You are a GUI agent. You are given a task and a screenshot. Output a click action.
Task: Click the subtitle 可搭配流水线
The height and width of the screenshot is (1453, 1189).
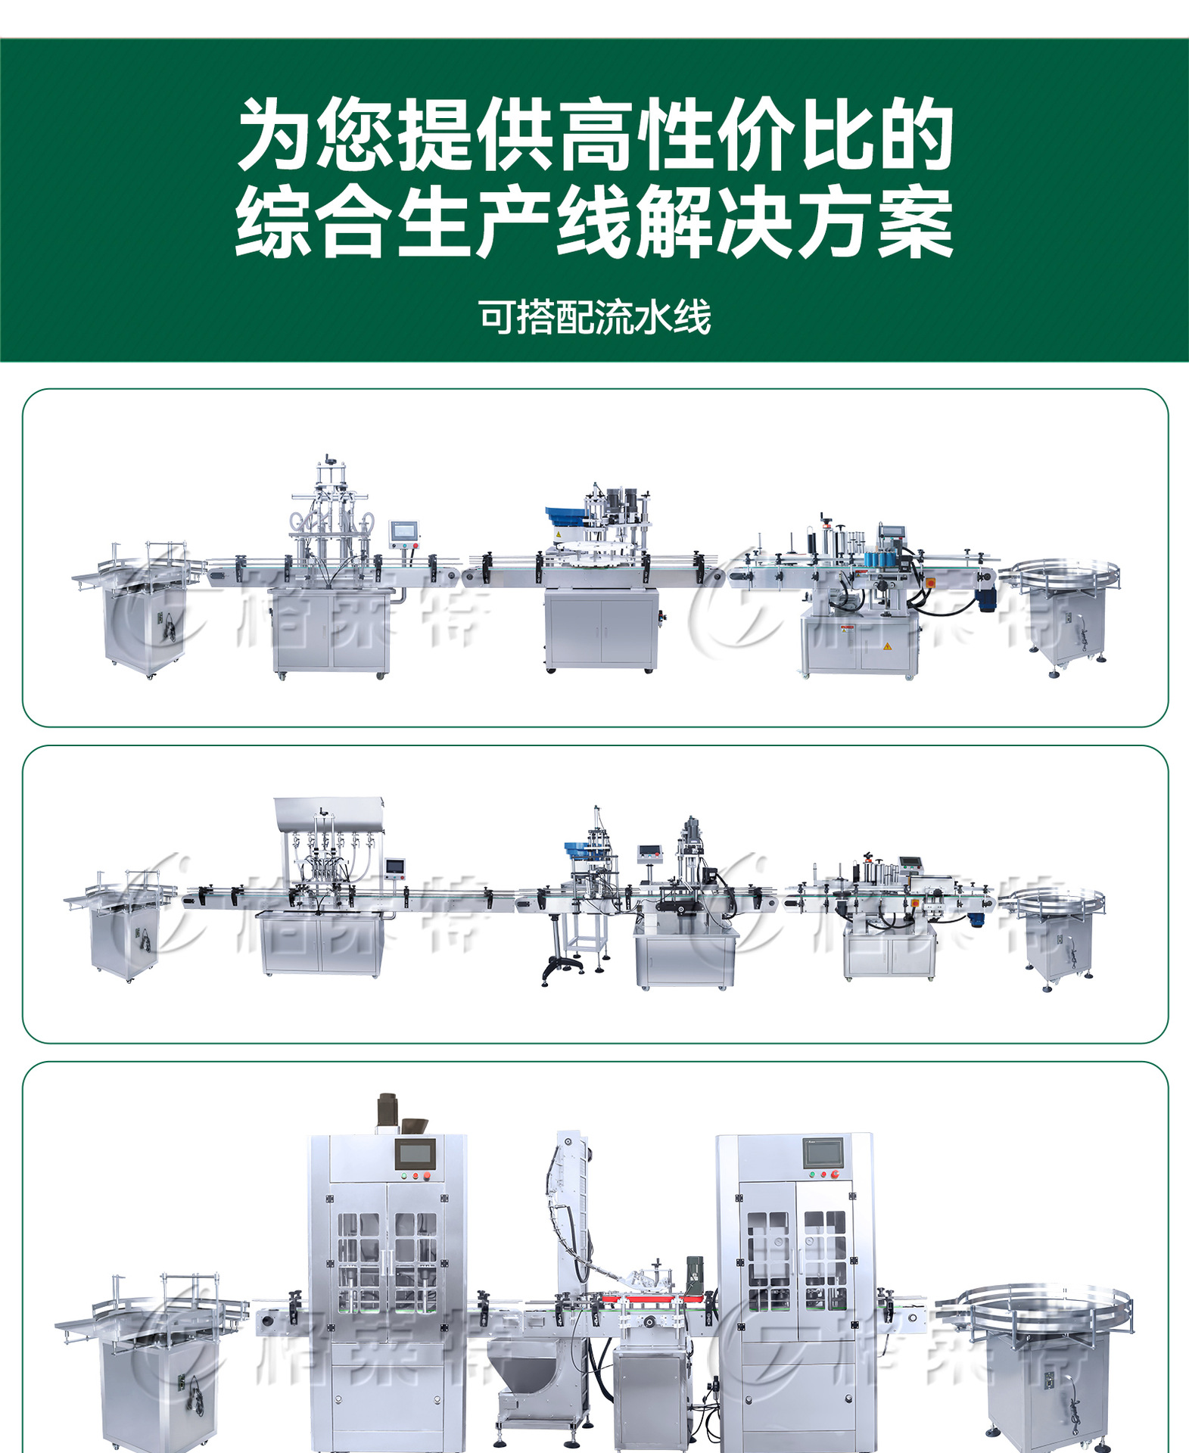click(594, 317)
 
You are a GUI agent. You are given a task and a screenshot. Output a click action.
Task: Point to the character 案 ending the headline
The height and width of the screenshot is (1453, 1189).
click(914, 222)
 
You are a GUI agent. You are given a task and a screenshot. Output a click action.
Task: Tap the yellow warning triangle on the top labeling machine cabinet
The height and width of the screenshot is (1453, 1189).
click(887, 647)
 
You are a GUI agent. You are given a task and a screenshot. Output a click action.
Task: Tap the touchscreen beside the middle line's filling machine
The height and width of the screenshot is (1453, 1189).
click(395, 867)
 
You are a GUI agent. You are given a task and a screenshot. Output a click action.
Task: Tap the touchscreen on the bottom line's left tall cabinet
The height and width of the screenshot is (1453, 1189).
click(416, 1154)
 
